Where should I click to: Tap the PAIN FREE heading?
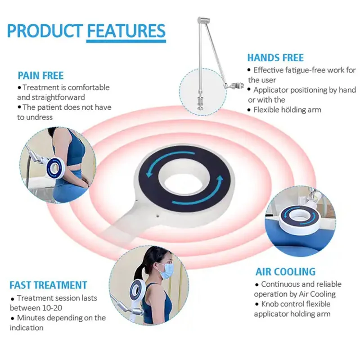[40, 75]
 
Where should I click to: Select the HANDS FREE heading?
[275, 58]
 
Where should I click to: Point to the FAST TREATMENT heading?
[48, 285]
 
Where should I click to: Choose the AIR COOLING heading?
[285, 272]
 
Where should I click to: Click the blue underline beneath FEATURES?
[126, 41]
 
